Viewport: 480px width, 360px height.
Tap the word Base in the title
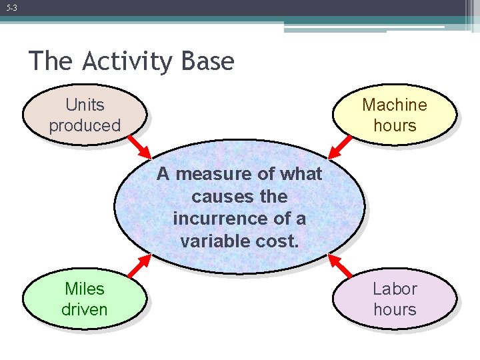pyautogui.click(x=207, y=61)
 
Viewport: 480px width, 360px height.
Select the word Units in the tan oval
pyautogui.click(x=85, y=105)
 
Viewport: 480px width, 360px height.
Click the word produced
pyautogui.click(x=85, y=125)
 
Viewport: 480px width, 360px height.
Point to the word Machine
pyautogui.click(x=395, y=105)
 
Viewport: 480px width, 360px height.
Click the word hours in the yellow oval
pyautogui.click(x=395, y=125)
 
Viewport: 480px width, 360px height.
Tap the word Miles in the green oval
pyautogui.click(x=85, y=289)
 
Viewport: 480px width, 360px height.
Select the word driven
pyautogui.click(x=85, y=309)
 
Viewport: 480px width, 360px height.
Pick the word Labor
pyautogui.click(x=395, y=289)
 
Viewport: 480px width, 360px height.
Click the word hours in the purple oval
pyautogui.click(x=395, y=309)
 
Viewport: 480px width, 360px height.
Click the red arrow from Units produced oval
pyautogui.click(x=141, y=145)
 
